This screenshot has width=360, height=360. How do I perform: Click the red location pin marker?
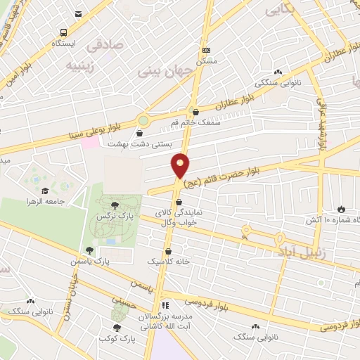tap(181, 165)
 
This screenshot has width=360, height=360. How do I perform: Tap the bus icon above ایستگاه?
tap(64, 32)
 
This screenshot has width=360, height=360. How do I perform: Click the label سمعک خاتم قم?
tap(191, 123)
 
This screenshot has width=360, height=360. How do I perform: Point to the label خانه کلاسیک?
tap(169, 260)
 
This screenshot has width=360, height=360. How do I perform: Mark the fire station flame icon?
tap(342, 210)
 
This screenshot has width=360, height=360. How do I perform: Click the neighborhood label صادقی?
tap(104, 46)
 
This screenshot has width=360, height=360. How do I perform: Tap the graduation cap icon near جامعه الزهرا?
tap(46, 191)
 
